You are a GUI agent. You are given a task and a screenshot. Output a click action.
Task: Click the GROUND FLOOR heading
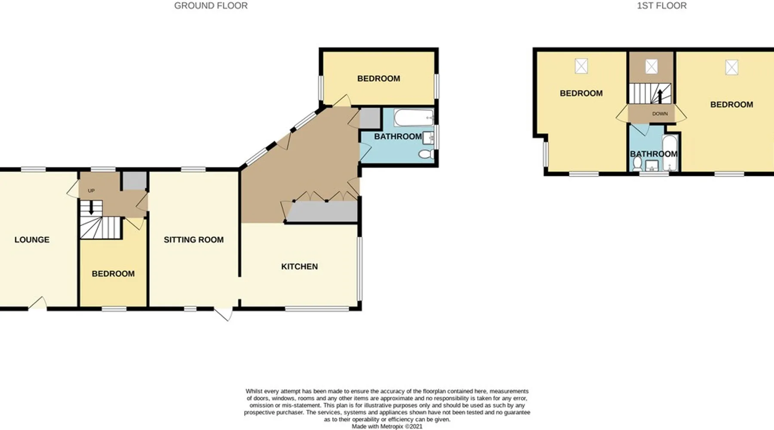tap(211, 6)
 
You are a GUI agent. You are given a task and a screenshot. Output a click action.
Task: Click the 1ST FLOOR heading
tap(662, 6)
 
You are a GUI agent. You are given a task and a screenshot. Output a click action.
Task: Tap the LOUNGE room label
tap(32, 240)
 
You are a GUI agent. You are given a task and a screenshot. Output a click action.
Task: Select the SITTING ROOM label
tap(193, 240)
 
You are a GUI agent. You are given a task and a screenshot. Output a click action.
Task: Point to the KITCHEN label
tap(299, 267)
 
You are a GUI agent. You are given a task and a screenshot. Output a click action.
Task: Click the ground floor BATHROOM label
tap(398, 136)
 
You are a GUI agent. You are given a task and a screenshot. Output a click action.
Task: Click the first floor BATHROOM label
tap(654, 154)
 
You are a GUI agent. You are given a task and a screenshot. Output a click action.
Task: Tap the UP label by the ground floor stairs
tap(91, 190)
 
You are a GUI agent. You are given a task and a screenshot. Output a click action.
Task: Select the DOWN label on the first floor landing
tap(660, 114)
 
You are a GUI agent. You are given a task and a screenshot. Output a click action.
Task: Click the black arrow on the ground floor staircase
tap(91, 208)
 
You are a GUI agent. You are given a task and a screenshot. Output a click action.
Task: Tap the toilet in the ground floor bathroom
tap(426, 154)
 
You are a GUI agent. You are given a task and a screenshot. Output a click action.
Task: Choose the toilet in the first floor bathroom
tap(637, 163)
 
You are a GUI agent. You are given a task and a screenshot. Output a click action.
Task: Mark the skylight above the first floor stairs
tap(651, 67)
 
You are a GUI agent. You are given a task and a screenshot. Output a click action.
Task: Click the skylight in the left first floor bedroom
tap(581, 66)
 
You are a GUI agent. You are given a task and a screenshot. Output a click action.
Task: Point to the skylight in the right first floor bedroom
tap(732, 67)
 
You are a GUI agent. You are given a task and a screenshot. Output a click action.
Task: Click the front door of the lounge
tap(38, 303)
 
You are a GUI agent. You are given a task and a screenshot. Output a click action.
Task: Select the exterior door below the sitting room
tap(224, 313)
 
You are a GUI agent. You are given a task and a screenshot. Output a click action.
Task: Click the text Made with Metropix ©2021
tap(387, 427)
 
